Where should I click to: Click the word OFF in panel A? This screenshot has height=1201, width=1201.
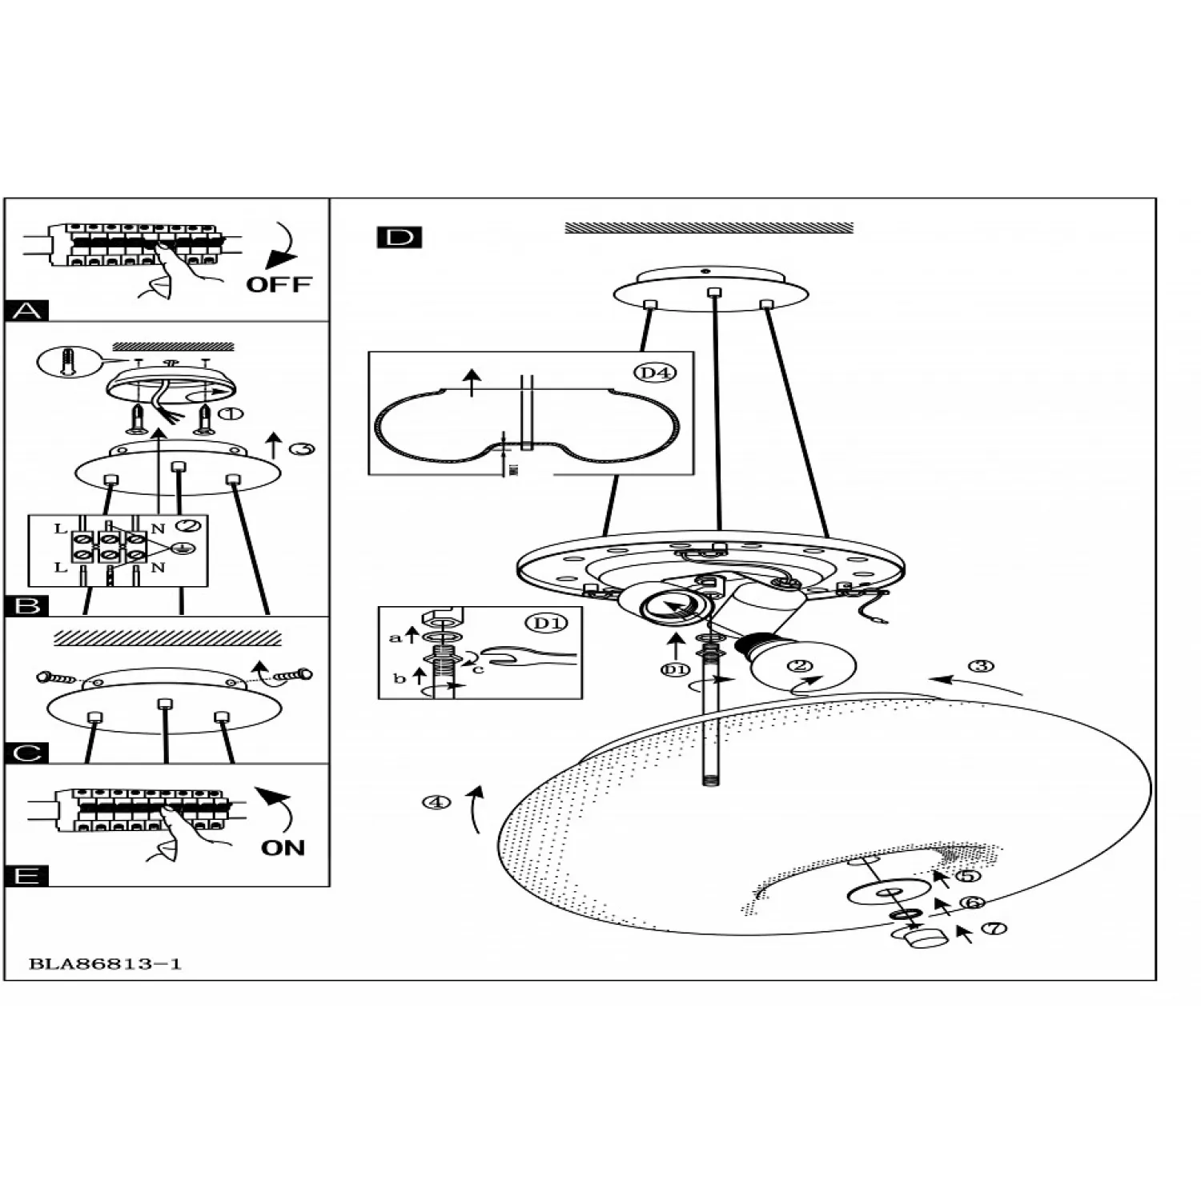[278, 284]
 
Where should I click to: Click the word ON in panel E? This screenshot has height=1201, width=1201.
[283, 848]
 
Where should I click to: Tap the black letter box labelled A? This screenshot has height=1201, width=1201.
[26, 311]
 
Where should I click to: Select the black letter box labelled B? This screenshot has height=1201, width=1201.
[27, 606]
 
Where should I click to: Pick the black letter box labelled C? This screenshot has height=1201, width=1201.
[26, 753]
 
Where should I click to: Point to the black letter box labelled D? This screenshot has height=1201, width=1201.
[399, 238]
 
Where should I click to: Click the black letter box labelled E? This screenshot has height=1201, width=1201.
[26, 876]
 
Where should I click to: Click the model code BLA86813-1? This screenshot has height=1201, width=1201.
[105, 964]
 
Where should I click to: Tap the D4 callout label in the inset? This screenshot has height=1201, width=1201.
[655, 372]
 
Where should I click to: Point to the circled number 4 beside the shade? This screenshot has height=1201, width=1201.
[436, 801]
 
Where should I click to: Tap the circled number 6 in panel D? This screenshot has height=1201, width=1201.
[971, 903]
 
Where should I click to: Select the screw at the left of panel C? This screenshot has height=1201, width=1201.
[57, 678]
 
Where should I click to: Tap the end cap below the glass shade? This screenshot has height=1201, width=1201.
[924, 937]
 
